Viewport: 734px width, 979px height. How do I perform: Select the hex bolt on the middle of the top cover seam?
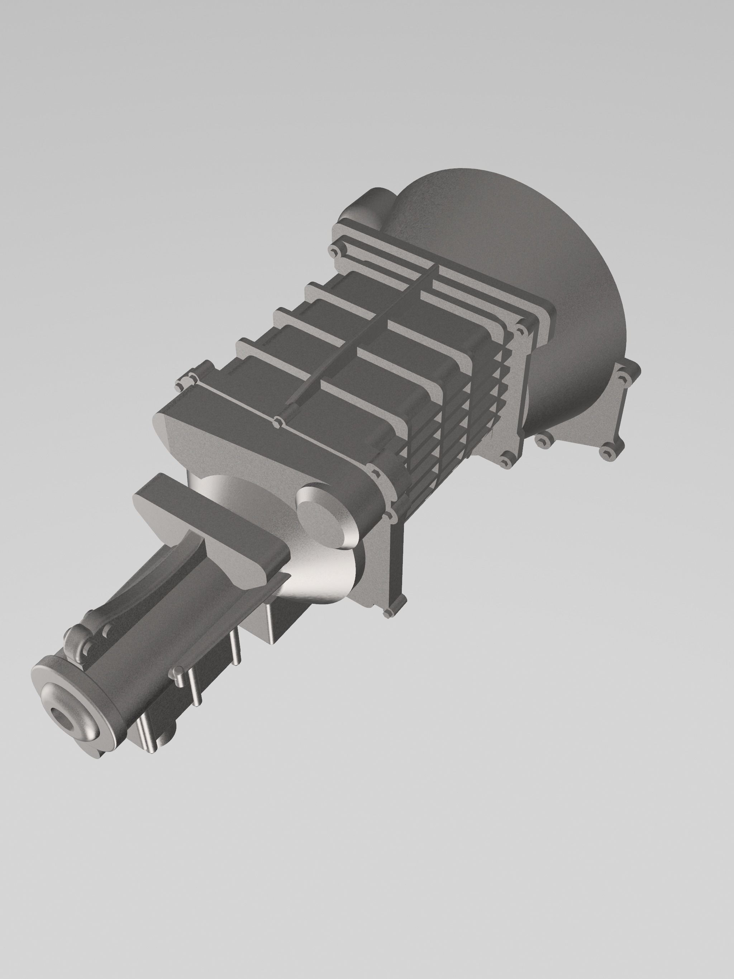[277, 422]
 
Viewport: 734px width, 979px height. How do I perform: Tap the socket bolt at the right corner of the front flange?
[521, 330]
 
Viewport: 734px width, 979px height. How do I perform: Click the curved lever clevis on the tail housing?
[84, 637]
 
